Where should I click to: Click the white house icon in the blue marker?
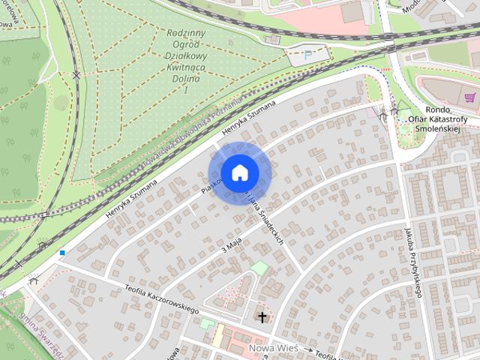click(239, 172)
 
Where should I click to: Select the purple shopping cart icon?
click(470, 97)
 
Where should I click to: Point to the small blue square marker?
click(62, 253)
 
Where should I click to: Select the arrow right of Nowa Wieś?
click(307, 349)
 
